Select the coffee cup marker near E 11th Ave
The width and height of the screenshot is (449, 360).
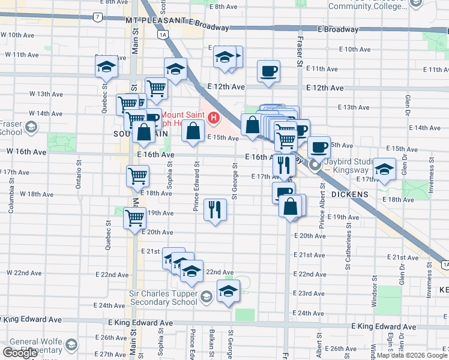pyautogui.click(x=268, y=71)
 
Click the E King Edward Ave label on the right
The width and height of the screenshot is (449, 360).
pyautogui.click(x=384, y=326)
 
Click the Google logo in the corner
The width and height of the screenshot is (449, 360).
pyautogui.click(x=20, y=353)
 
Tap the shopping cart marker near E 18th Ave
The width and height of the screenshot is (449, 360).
pyautogui.click(x=137, y=176)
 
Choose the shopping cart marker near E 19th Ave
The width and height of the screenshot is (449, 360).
pyautogui.click(x=134, y=217)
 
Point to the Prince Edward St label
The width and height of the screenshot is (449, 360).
pyautogui.click(x=196, y=186)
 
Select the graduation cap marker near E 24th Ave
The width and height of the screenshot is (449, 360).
pyautogui.click(x=228, y=292)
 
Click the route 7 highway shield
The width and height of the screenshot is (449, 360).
pyautogui.click(x=97, y=17)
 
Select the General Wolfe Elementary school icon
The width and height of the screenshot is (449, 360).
pyautogui.click(x=71, y=345)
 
